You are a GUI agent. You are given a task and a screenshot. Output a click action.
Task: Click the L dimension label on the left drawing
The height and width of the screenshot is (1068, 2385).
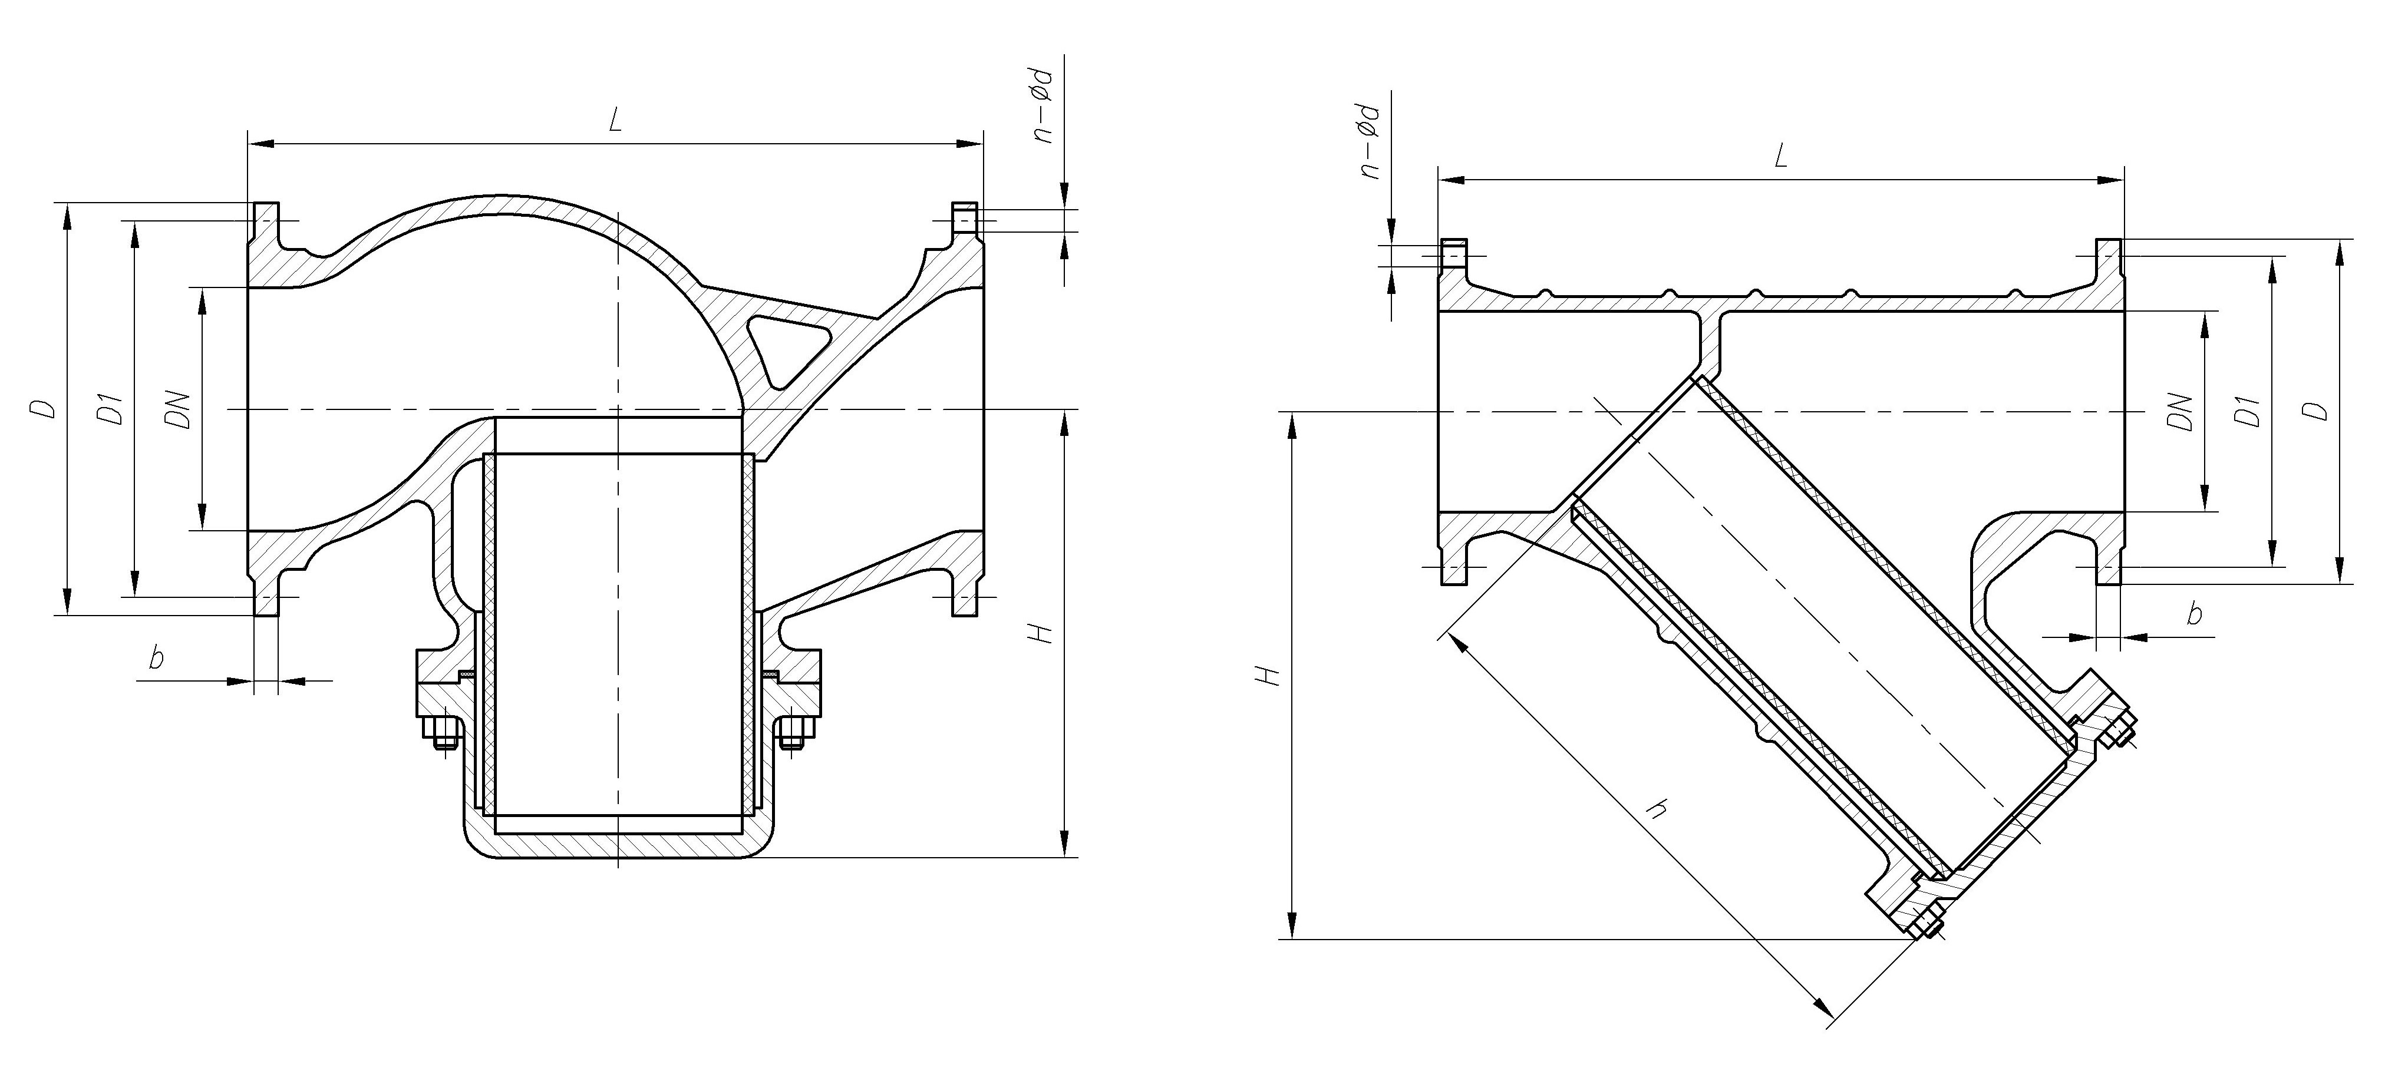click(x=615, y=122)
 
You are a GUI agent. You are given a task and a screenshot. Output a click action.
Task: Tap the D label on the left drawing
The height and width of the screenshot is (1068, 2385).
click(x=42, y=408)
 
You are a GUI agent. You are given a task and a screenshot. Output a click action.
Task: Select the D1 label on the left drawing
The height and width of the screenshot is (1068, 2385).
click(x=111, y=409)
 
